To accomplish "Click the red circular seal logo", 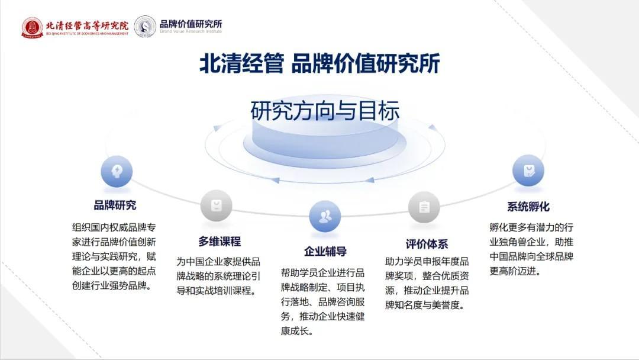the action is [33, 27].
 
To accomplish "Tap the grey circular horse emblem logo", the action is [145, 27].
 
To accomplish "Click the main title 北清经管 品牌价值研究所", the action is [319, 63].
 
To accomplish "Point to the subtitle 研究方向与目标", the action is [325, 111].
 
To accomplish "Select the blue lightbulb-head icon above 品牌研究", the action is [117, 171].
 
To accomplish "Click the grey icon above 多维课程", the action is [217, 205].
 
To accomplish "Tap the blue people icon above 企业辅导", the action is [325, 216].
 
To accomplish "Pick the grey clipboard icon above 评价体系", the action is [424, 207].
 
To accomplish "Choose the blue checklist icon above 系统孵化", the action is [528, 171].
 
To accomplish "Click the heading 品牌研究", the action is [115, 205].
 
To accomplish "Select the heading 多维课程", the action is [220, 242].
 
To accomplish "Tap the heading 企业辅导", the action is [325, 251].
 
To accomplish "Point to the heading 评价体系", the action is [427, 244].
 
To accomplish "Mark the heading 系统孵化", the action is [528, 207].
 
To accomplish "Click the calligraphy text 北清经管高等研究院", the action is [87, 25].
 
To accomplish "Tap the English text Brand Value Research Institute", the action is [191, 31].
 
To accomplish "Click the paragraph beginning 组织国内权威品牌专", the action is [114, 256].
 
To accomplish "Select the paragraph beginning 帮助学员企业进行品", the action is [323, 302].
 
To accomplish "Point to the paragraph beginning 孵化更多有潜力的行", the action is [531, 249].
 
